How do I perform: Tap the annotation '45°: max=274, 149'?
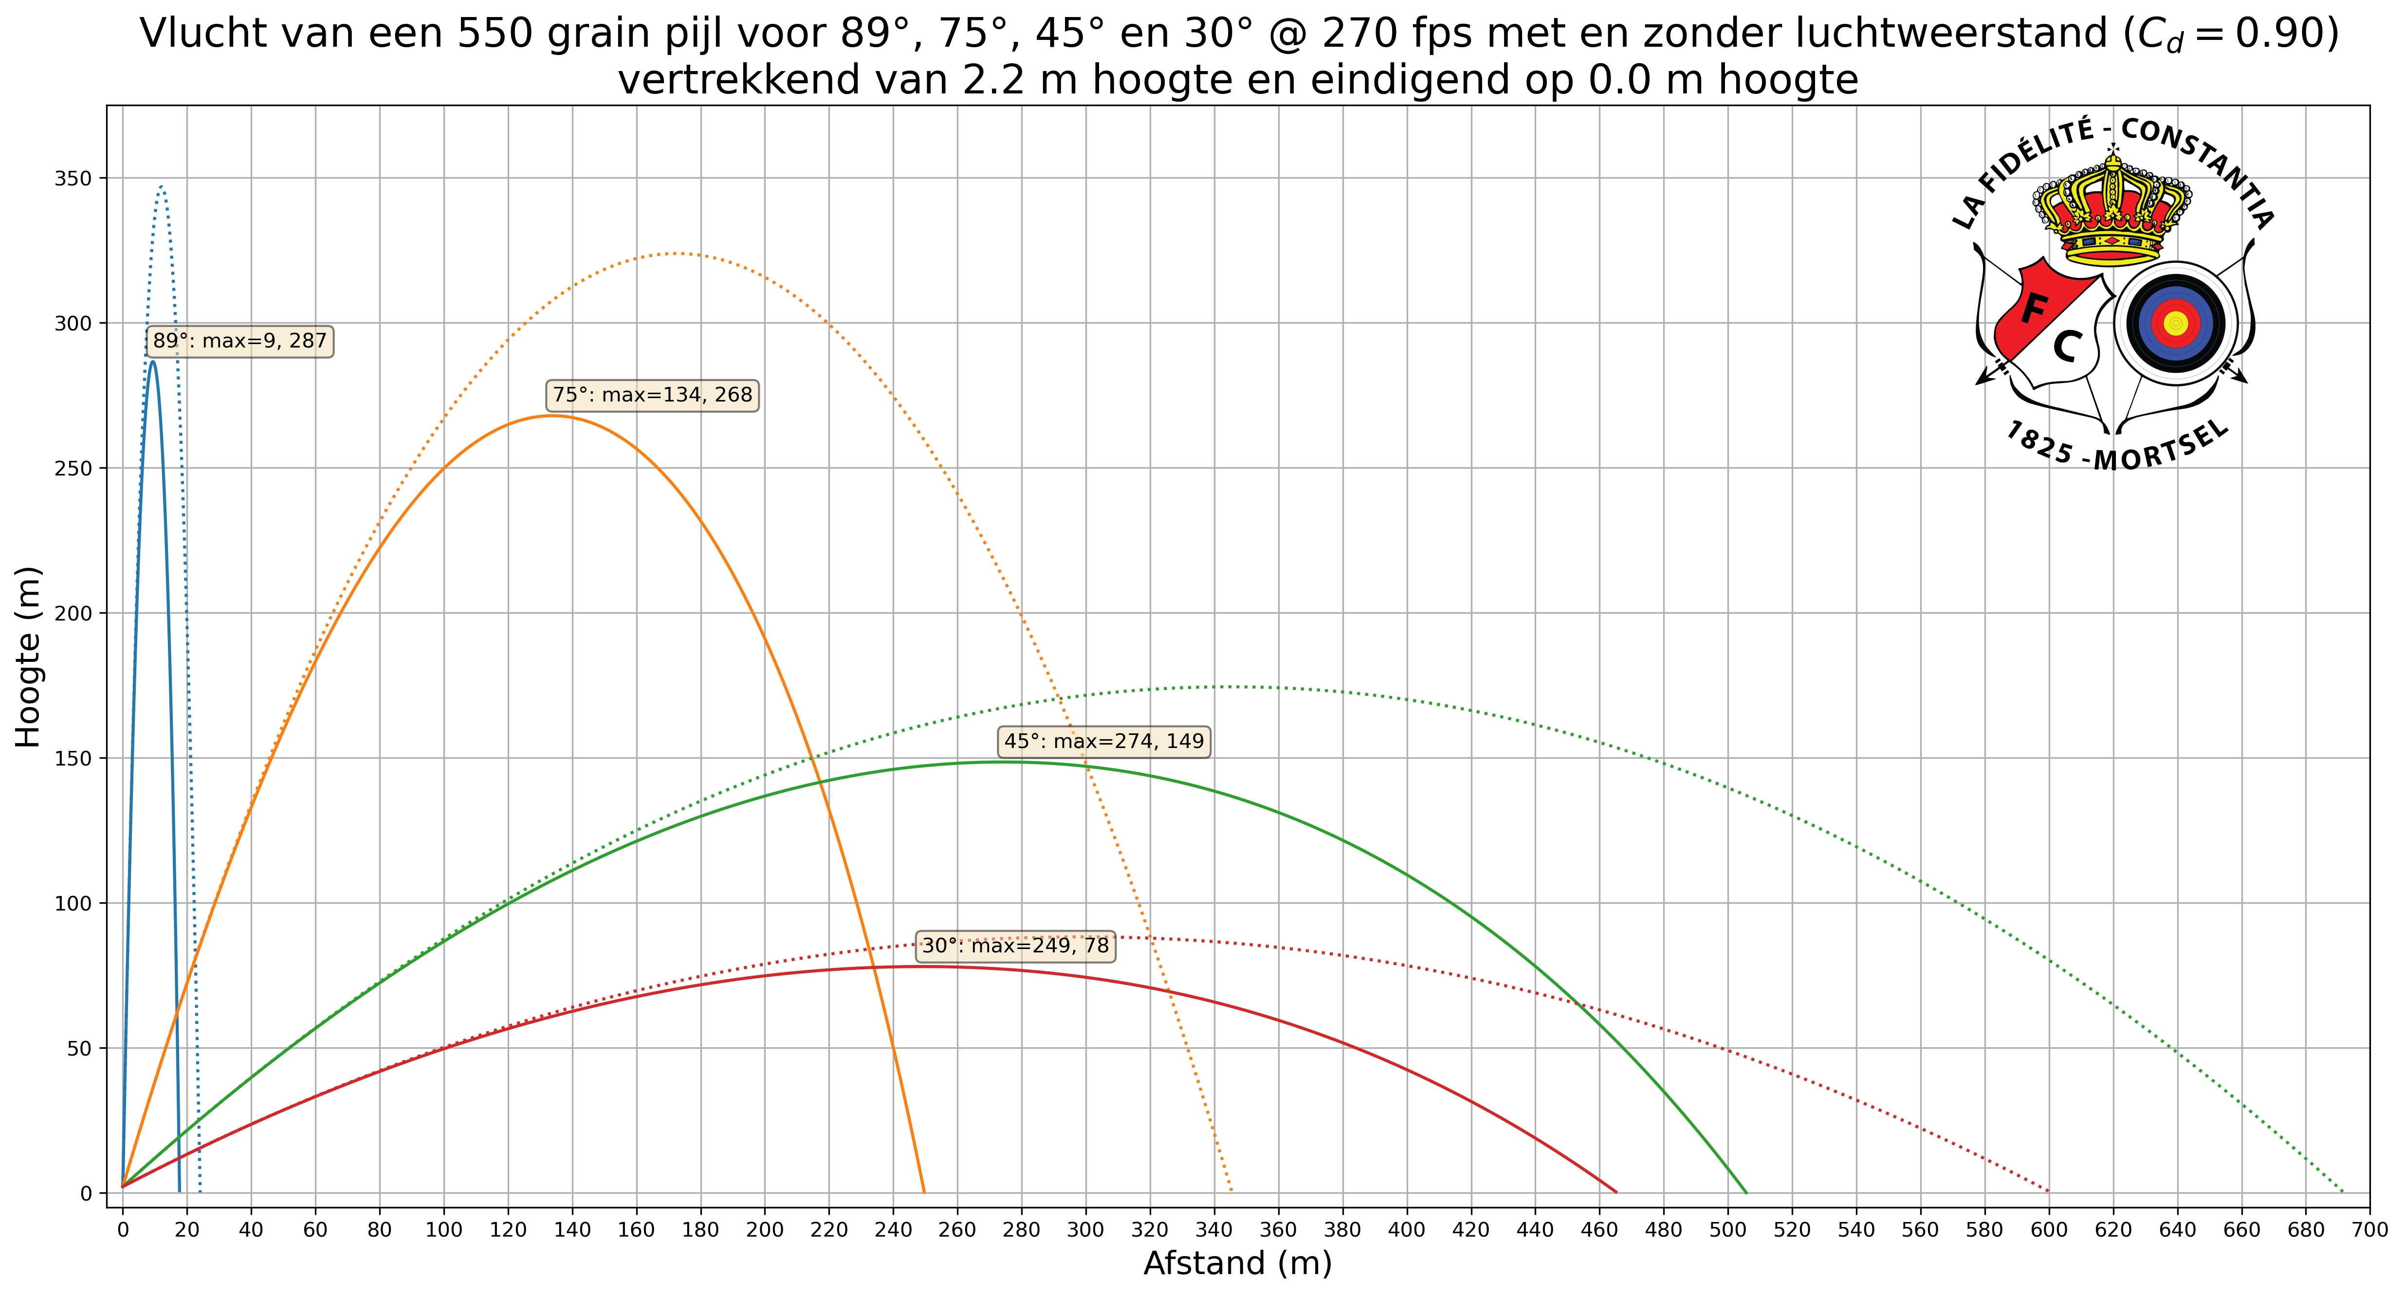click(1104, 742)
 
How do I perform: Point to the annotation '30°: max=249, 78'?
click(1015, 946)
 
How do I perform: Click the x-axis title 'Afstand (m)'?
click(1237, 1263)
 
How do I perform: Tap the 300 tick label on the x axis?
click(1085, 1230)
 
